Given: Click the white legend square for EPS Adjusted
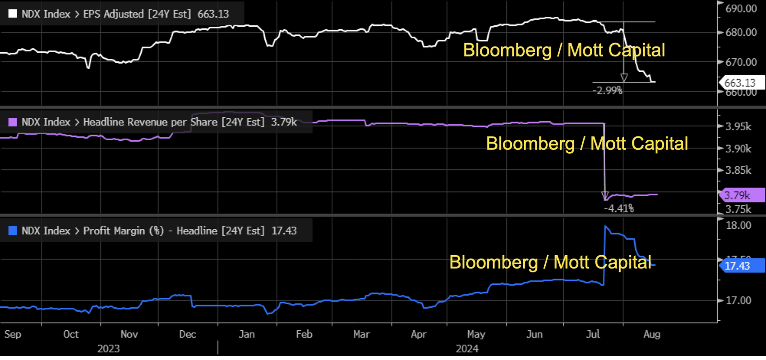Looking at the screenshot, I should click(13, 14).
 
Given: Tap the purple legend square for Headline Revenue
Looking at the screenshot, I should click(13, 122).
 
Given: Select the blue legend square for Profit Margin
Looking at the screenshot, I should click(13, 231).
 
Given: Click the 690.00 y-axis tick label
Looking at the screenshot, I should click(741, 9).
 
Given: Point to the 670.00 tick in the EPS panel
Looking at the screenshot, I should click(741, 62).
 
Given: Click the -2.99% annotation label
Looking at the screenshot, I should click(607, 90).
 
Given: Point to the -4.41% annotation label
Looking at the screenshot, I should click(619, 208).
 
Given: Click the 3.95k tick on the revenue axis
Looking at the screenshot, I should click(738, 127).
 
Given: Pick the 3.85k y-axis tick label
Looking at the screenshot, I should click(738, 170).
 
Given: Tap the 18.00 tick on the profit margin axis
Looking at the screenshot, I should click(738, 225).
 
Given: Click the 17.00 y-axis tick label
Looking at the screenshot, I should click(738, 301).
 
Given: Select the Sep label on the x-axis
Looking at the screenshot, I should click(13, 334).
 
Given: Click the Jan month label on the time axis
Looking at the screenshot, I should click(247, 334).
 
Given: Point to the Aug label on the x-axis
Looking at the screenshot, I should click(652, 334).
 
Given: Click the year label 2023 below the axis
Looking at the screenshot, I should click(109, 349).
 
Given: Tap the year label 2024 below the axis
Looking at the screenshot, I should click(467, 349).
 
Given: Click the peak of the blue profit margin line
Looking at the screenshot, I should click(606, 226).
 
